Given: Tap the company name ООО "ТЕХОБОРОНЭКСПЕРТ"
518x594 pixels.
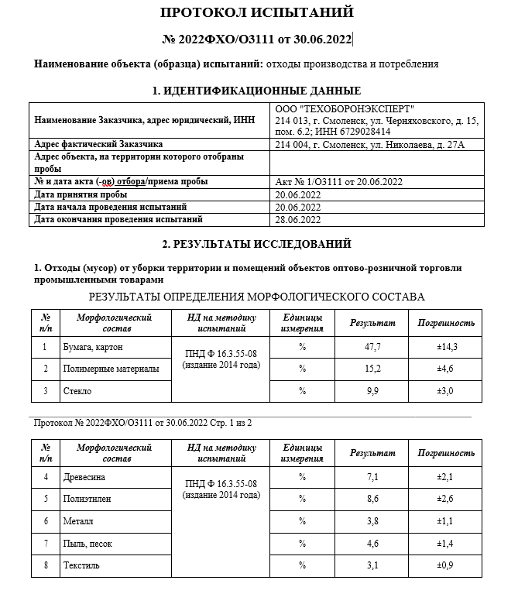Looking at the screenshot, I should pos(345,108).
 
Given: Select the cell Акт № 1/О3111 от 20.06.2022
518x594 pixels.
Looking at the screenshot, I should pos(339,182).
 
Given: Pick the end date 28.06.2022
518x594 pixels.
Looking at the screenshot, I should pos(298,219).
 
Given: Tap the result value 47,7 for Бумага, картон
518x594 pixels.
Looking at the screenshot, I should pos(372,347).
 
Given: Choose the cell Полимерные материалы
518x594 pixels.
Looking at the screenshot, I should pos(111,369).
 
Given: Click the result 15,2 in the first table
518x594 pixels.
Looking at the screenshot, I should pos(372,369).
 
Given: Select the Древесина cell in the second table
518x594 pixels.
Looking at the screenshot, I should pos(84,477).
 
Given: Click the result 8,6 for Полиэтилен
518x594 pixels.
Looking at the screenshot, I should pos(372,500).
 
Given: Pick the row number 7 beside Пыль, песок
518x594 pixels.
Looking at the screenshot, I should pos(46,544).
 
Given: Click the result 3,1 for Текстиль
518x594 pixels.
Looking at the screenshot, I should pos(372,566).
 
